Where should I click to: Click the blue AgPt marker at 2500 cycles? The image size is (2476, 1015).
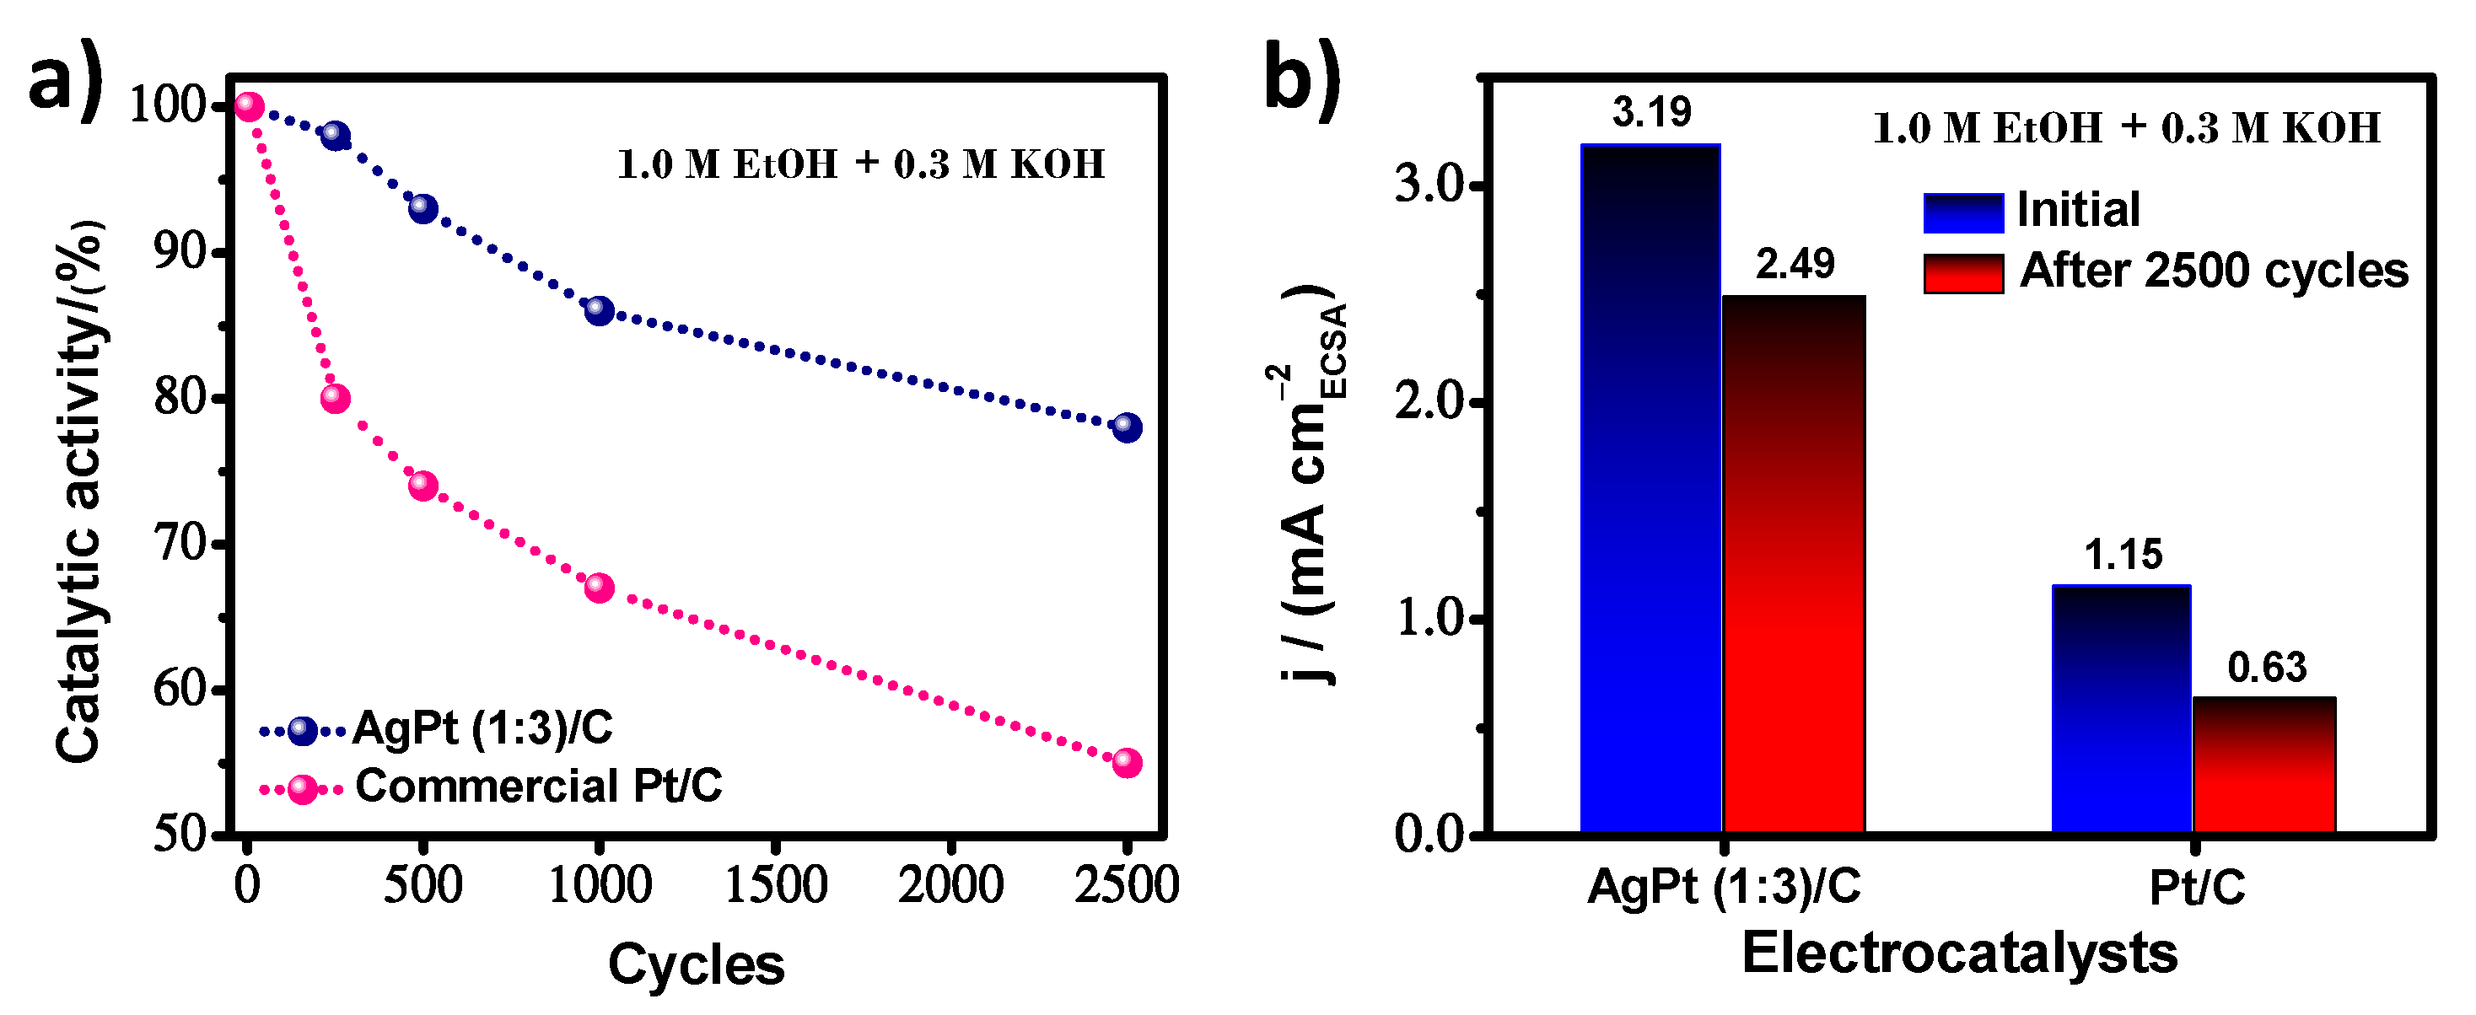1127,427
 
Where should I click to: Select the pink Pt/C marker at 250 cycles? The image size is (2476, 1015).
335,397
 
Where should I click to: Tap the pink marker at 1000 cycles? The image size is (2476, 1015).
599,588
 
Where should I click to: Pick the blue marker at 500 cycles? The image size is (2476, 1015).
423,207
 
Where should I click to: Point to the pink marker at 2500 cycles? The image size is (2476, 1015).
1127,762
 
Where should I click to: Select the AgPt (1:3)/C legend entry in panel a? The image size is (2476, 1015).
481,728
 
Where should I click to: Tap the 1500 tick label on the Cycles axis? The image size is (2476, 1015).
775,885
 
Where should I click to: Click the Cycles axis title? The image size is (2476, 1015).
696,964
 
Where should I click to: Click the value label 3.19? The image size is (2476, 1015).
1651,111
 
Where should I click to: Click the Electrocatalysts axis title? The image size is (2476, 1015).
1959,953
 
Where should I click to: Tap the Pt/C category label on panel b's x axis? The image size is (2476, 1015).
2196,887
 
